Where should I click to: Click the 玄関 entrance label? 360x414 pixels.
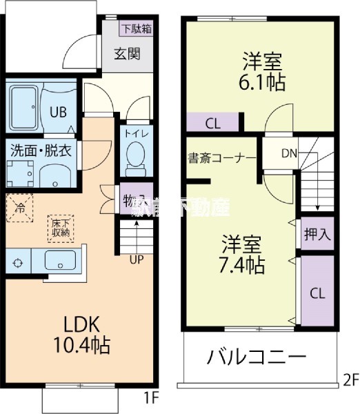point(128,53)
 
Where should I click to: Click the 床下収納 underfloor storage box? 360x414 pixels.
point(60,227)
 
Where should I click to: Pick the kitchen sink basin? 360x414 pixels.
point(61,262)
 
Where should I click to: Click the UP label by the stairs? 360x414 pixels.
point(137,259)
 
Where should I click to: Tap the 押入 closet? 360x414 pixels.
point(317,234)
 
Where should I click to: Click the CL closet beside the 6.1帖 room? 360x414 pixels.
point(213,124)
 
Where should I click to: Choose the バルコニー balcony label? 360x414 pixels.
point(256,358)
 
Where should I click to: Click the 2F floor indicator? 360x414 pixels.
point(350,379)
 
